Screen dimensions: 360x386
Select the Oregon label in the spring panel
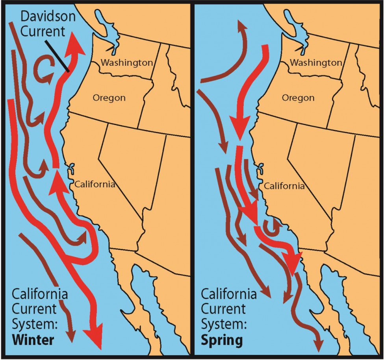(x=298, y=98)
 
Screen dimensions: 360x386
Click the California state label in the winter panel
(x=95, y=184)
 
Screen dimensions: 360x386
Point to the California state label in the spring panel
(x=284, y=186)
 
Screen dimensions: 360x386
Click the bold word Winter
(x=33, y=340)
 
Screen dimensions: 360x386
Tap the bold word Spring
(x=222, y=340)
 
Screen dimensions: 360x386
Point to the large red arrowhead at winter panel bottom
(x=95, y=336)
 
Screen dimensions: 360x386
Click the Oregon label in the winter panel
(x=109, y=98)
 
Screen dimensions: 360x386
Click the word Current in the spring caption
(x=223, y=309)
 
